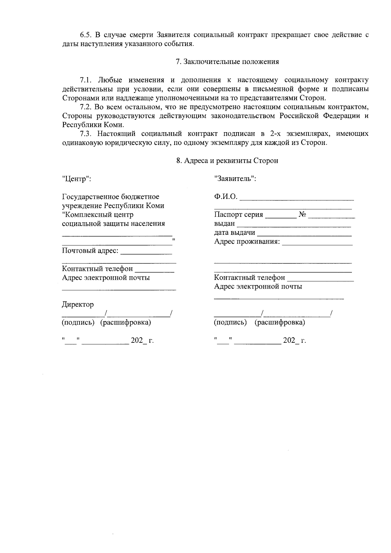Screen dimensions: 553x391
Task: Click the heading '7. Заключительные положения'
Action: point(227,62)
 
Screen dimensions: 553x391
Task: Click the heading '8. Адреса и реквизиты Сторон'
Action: point(227,161)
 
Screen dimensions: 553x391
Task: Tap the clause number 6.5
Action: point(87,35)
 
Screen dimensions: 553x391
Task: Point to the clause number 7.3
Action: point(87,134)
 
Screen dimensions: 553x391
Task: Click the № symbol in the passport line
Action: point(302,215)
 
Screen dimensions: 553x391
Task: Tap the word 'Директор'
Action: point(78,305)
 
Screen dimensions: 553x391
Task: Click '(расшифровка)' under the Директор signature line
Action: point(125,323)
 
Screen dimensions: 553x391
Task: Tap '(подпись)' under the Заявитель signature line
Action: point(230,323)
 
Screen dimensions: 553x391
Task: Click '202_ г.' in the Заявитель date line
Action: point(294,341)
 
